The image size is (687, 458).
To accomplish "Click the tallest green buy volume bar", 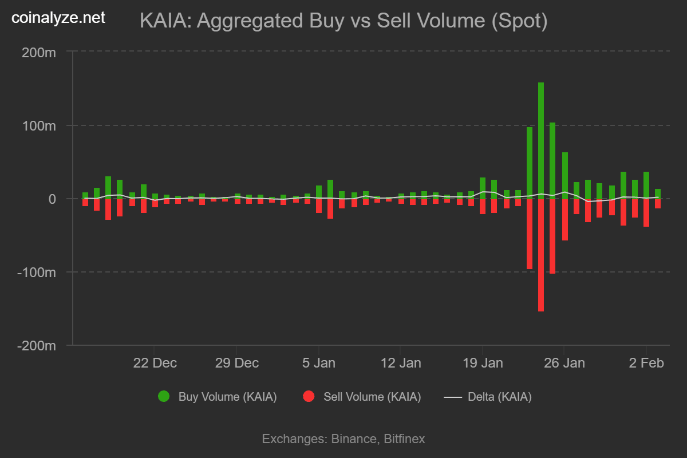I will click(541, 140).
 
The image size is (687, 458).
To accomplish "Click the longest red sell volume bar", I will click(541, 255).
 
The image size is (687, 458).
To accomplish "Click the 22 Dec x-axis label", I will click(155, 363).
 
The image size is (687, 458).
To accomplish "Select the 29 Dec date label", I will click(236, 363).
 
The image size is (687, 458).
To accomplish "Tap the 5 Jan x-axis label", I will click(319, 363).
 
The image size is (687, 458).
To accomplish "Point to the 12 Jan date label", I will click(401, 363).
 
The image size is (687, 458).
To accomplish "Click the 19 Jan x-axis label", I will click(483, 363).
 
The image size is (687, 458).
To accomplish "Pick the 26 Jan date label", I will click(564, 363).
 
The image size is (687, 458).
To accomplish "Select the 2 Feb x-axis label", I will click(646, 363).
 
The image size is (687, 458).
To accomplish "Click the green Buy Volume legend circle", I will click(164, 397).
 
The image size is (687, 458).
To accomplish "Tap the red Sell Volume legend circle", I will click(309, 397).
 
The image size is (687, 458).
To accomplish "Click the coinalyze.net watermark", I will click(58, 18).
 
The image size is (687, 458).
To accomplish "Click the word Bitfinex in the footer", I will click(404, 439).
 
